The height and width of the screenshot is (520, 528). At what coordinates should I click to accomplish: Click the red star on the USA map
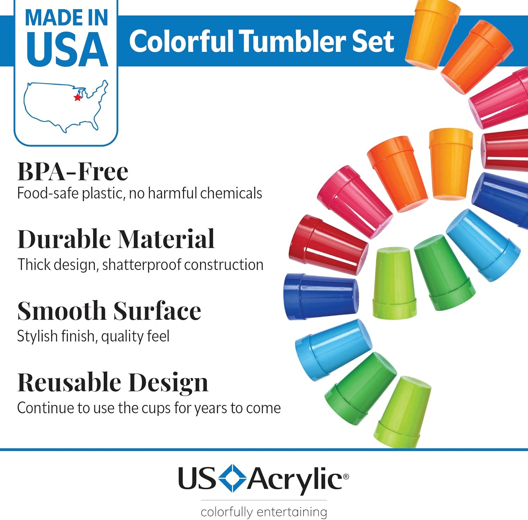point(77,97)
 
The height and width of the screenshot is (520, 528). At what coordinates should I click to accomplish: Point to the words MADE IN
point(67,18)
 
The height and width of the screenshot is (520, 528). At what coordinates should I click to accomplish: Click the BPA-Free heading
point(73,171)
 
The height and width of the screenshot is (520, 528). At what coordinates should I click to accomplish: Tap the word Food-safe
point(48,193)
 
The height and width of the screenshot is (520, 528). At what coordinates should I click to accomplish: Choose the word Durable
point(64,239)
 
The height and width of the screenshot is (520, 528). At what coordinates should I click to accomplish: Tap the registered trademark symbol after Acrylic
point(346,476)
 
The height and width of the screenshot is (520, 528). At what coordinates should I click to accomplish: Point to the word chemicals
point(231,193)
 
